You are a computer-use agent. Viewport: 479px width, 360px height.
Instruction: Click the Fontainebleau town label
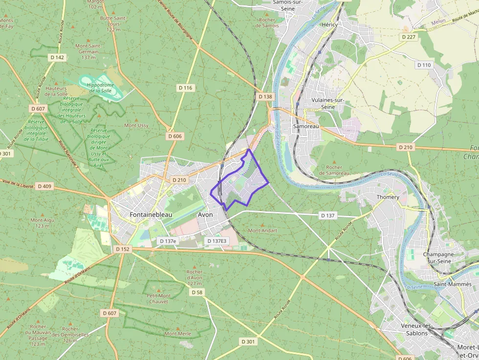tap(151, 214)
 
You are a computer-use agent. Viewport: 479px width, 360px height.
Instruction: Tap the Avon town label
tap(205, 214)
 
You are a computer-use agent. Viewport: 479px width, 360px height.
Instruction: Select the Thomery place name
tap(388, 197)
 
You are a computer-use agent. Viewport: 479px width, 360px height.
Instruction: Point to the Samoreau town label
tap(305, 126)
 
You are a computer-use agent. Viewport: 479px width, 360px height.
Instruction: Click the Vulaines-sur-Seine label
tap(327, 103)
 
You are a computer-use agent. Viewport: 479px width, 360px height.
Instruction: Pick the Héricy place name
tap(330, 24)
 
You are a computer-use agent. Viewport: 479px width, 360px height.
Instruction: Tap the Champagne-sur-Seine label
tap(439, 257)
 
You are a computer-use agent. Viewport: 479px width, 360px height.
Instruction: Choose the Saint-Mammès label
tap(453, 284)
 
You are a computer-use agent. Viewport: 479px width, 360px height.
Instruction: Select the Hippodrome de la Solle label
tap(99, 87)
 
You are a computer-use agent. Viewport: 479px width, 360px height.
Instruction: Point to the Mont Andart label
tap(262, 230)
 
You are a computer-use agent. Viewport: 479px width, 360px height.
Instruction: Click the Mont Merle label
tap(177, 334)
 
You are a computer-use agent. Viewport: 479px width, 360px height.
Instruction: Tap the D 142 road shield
tap(57, 57)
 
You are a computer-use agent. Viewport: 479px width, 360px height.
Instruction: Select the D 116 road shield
tap(186, 88)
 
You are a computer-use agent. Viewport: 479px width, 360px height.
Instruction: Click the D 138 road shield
tap(265, 97)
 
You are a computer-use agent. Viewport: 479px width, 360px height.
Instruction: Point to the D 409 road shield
tap(44, 186)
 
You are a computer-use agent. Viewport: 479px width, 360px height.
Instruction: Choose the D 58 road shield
tap(196, 292)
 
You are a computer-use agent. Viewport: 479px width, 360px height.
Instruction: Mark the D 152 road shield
tap(123, 249)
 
